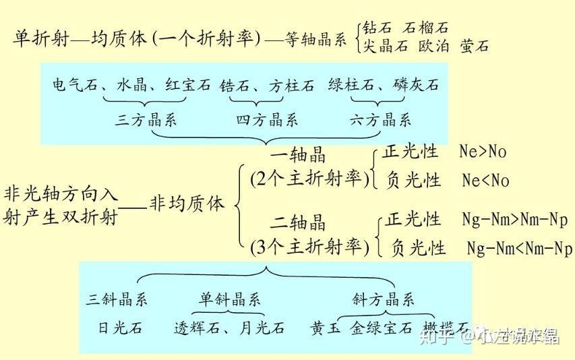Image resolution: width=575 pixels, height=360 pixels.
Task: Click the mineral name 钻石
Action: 377,28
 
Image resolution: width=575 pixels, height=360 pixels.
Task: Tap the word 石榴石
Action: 425,28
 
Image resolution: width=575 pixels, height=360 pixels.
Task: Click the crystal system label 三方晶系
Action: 146,121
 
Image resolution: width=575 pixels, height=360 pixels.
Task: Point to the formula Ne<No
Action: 485,180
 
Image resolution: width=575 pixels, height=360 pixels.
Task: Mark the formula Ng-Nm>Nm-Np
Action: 515,220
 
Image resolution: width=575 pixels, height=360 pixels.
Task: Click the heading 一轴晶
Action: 298,155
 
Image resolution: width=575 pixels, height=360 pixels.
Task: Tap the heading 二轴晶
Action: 298,222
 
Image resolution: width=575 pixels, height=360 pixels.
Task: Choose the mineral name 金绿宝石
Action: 382,328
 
